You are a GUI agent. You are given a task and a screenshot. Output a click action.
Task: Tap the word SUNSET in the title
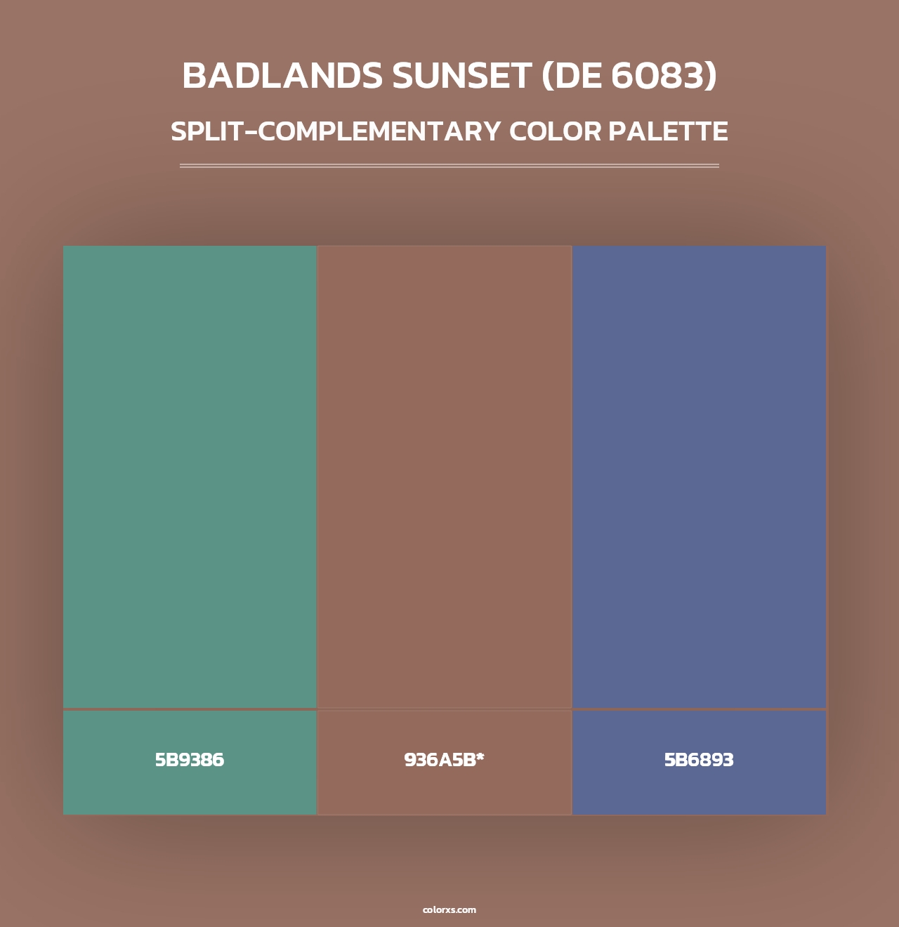461,76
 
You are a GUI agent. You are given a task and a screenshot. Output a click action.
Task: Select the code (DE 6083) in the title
629,76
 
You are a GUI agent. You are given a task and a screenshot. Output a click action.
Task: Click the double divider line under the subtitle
449,166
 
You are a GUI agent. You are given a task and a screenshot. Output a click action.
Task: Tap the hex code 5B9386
190,760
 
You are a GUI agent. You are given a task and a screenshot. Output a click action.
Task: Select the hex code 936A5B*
445,760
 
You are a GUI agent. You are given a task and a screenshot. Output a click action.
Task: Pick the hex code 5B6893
699,760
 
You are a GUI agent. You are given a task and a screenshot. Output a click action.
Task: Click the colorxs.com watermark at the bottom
449,909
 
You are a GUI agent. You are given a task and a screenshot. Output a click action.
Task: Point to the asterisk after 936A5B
480,757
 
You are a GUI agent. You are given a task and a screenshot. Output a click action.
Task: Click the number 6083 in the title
657,76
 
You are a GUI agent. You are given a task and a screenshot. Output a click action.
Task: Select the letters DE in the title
577,76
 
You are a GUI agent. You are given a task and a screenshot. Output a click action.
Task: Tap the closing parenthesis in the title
711,77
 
